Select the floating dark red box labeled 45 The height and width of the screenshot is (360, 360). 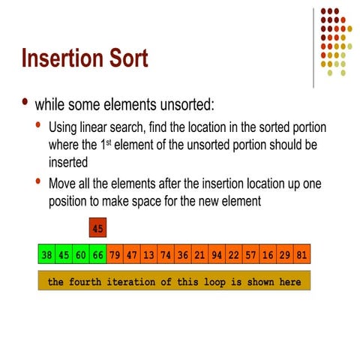click(97, 227)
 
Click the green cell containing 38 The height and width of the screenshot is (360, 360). click(46, 254)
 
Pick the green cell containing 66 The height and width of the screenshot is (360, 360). click(97, 254)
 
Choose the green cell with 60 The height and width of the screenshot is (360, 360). click(80, 254)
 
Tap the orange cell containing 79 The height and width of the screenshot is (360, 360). click(115, 254)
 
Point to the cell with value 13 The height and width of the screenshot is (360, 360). click(148, 254)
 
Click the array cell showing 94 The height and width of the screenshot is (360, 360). click(217, 254)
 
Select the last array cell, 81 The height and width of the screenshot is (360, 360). click(302, 254)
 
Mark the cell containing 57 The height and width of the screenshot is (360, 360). click(250, 254)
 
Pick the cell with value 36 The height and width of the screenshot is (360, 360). click(183, 254)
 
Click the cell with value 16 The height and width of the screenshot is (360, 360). click(268, 254)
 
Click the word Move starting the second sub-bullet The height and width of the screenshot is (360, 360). click(63, 184)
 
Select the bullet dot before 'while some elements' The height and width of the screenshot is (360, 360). click(27, 102)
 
